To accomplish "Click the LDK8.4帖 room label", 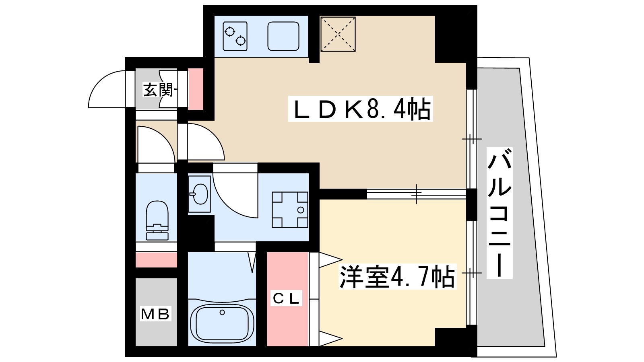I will tap(360, 109).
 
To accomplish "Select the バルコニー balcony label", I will tap(499, 213).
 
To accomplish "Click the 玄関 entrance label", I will tap(158, 89).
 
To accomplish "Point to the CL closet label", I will tap(286, 298).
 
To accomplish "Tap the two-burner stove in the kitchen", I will tap(235, 36).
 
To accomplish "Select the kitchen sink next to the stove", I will tap(283, 36).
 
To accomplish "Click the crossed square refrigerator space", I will tap(338, 34).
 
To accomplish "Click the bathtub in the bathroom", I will tap(222, 322).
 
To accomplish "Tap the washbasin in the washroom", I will tap(200, 194).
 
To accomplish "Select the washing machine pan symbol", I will tap(290, 210).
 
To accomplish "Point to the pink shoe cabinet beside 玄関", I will tap(196, 89).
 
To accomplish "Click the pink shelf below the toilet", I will tap(156, 260).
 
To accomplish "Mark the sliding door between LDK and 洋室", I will tap(417, 194).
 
